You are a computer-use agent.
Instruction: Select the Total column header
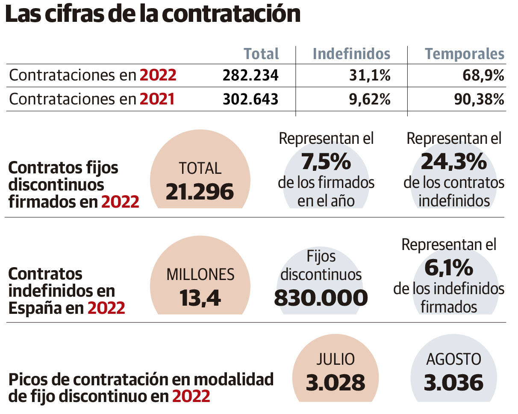[261, 54]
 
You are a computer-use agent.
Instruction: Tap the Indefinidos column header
[351, 54]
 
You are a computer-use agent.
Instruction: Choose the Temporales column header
[464, 54]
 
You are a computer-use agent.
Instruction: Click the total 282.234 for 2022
[250, 76]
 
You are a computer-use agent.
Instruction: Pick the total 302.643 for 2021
[250, 99]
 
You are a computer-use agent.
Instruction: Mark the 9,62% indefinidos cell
[368, 99]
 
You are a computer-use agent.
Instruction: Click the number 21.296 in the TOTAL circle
[200, 192]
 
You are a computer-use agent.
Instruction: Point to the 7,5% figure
[326, 162]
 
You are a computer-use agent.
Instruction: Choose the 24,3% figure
[454, 162]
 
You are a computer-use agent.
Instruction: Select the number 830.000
[321, 298]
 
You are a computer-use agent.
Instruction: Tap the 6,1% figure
[449, 268]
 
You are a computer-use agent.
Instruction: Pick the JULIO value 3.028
[336, 382]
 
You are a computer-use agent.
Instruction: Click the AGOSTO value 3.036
[453, 382]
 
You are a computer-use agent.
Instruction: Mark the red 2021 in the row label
[157, 99]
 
